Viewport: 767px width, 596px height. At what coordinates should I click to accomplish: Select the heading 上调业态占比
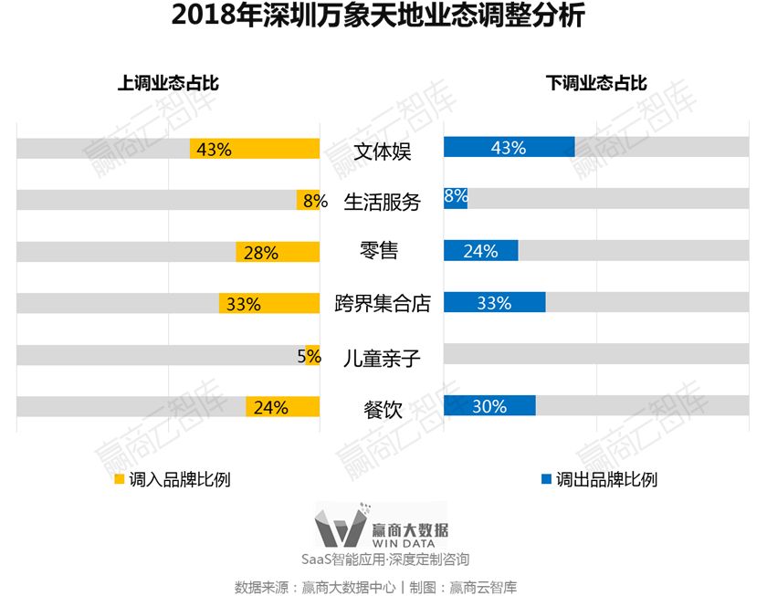click(x=168, y=83)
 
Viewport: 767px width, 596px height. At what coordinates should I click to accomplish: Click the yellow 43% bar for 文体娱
click(x=255, y=149)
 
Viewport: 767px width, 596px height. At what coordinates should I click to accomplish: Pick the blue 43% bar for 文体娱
click(x=509, y=148)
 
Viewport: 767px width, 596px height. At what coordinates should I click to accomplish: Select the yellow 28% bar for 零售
click(x=278, y=253)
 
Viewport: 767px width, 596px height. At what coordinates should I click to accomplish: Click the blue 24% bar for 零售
click(x=480, y=251)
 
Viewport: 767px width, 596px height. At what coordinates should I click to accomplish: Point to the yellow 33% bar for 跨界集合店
click(x=269, y=304)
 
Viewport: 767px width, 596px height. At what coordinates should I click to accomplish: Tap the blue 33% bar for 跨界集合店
click(x=494, y=303)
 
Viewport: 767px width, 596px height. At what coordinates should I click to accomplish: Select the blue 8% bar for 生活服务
click(x=455, y=198)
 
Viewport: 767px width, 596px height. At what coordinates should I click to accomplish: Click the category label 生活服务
click(x=382, y=202)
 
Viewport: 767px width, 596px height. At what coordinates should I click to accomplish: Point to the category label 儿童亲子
click(x=382, y=357)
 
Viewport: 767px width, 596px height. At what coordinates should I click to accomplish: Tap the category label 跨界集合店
click(x=382, y=304)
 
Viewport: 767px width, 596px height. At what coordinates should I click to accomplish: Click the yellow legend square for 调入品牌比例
click(x=119, y=479)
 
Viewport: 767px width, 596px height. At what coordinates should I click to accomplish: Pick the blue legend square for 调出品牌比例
click(x=546, y=479)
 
